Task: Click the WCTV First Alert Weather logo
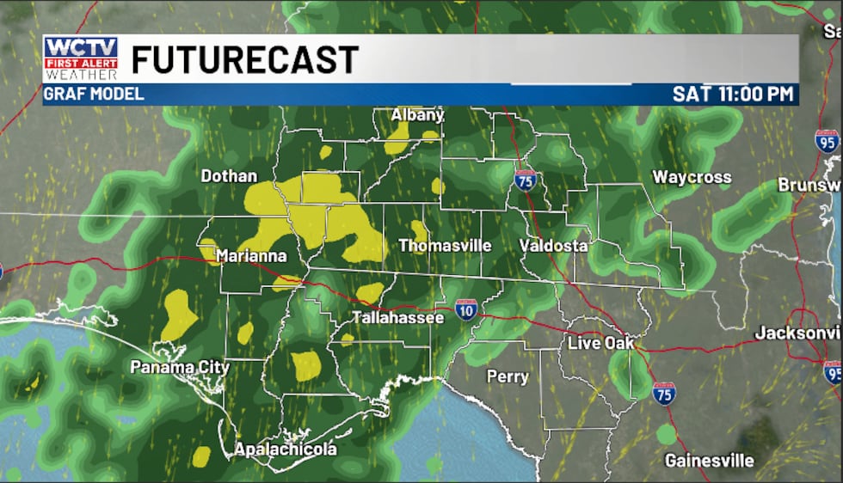(x=81, y=58)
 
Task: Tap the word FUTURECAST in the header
(x=244, y=59)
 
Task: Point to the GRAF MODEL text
(x=95, y=94)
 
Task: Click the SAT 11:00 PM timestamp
(x=734, y=94)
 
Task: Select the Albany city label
(x=417, y=114)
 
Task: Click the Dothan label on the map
(x=229, y=176)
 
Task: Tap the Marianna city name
(x=250, y=255)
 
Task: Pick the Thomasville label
(x=445, y=246)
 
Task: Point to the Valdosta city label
(x=554, y=246)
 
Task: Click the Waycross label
(x=692, y=178)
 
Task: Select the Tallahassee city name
(x=397, y=318)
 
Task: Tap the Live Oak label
(x=600, y=343)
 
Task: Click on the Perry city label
(x=508, y=376)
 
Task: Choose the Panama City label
(x=180, y=367)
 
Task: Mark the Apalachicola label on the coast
(x=286, y=449)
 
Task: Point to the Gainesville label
(x=709, y=461)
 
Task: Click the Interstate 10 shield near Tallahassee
(x=466, y=309)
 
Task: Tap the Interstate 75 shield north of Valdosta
(x=525, y=179)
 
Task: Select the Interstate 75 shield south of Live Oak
(x=663, y=393)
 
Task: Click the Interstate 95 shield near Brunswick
(x=827, y=141)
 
